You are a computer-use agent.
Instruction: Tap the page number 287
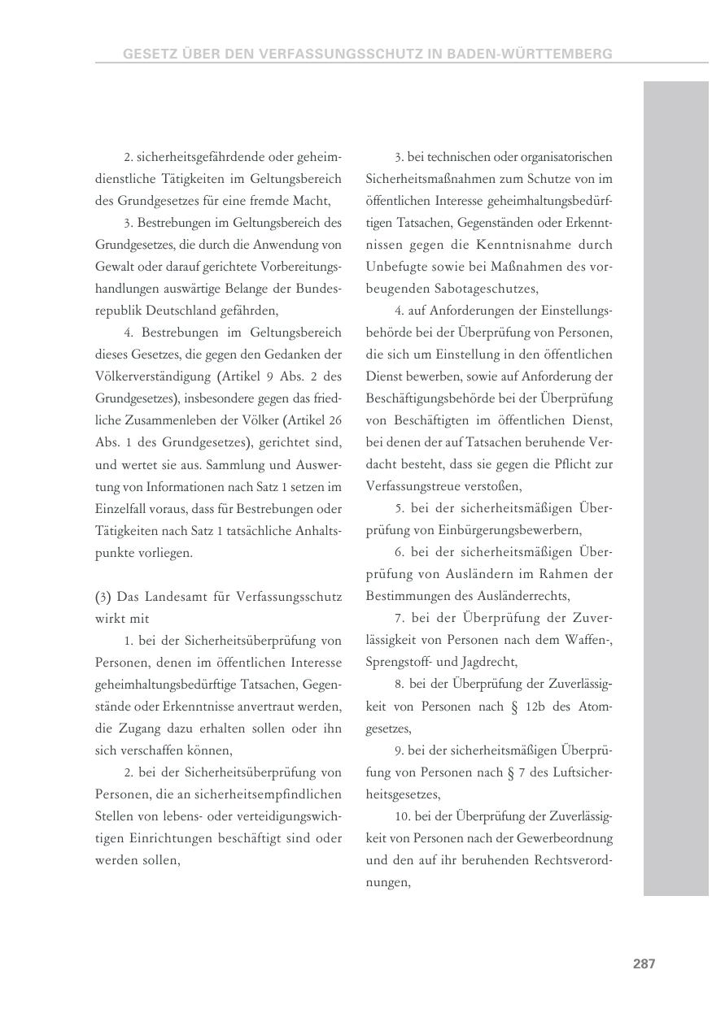pos(644,964)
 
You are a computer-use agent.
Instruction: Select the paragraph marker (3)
pos(103,597)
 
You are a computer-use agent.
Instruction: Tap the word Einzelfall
pos(120,509)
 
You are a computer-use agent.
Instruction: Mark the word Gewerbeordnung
pos(570,838)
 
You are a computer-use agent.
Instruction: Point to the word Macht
pos(312,201)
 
